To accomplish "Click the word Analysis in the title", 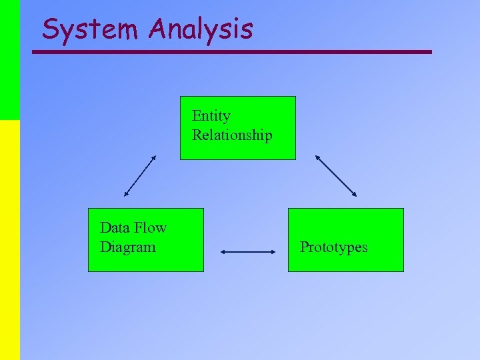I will [x=201, y=29].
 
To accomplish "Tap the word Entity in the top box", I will [x=211, y=116].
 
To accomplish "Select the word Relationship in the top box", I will [x=232, y=135].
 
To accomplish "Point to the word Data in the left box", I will [x=114, y=228].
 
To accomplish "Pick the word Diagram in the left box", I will [x=127, y=247].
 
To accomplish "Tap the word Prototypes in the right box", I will [x=333, y=247].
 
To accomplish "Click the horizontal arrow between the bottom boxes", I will [x=247, y=252].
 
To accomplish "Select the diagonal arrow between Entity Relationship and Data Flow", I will [x=140, y=176].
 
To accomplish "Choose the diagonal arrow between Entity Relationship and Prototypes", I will [x=336, y=176].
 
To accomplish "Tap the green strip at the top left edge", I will [x=9, y=60].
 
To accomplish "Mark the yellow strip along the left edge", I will [x=9, y=240].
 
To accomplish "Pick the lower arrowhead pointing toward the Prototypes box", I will [x=354, y=194].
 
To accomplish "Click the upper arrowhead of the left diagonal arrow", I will [x=154, y=158].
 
